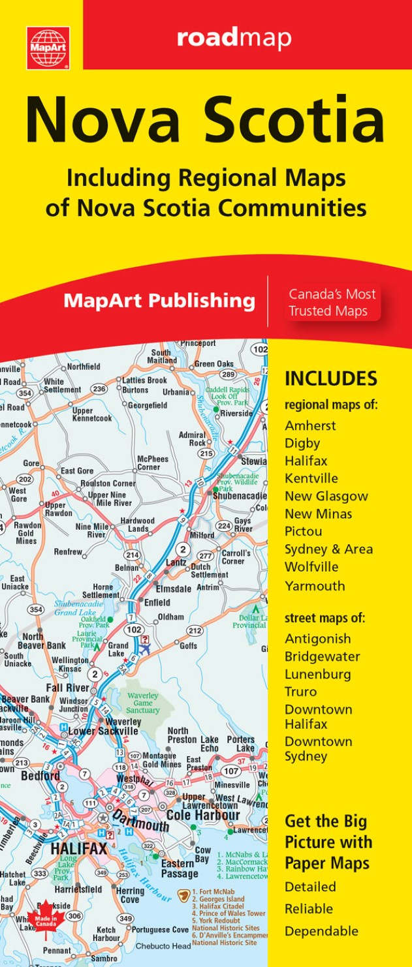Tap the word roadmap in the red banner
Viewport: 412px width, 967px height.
pyautogui.click(x=234, y=38)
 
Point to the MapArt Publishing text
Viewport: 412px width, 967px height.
pyautogui.click(x=159, y=301)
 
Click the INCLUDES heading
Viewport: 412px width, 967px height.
pyautogui.click(x=331, y=378)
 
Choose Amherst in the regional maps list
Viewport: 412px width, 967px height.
pyautogui.click(x=310, y=425)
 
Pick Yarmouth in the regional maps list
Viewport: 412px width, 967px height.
pyautogui.click(x=315, y=585)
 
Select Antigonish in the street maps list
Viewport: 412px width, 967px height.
pyautogui.click(x=317, y=638)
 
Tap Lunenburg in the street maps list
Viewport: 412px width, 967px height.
pyautogui.click(x=317, y=674)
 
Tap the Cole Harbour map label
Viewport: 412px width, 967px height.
pyautogui.click(x=203, y=815)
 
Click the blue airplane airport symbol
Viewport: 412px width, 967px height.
pyautogui.click(x=144, y=648)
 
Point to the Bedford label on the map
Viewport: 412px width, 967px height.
pyautogui.click(x=40, y=776)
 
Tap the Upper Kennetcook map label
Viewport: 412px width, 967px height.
pyautogui.click(x=91, y=414)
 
